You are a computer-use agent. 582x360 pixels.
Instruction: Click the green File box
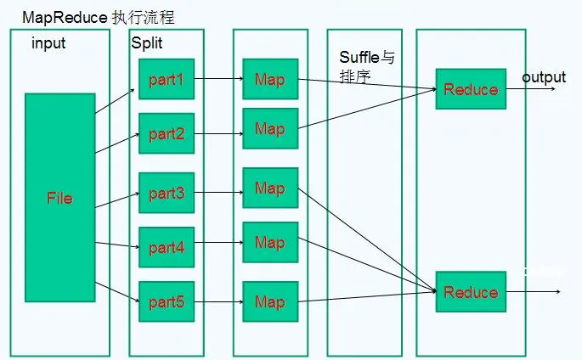click(x=59, y=198)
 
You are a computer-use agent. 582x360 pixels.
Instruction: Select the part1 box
click(x=167, y=81)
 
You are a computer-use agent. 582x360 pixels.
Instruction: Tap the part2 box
click(x=167, y=133)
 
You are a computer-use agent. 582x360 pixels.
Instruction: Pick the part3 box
click(x=167, y=193)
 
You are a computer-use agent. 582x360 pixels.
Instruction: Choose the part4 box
click(x=167, y=248)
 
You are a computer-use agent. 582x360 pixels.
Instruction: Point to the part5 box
click(x=167, y=301)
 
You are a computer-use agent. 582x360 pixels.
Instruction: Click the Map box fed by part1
click(x=269, y=80)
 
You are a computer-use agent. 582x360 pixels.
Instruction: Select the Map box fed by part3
click(x=269, y=188)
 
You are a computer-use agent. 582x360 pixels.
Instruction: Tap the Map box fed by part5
click(x=269, y=301)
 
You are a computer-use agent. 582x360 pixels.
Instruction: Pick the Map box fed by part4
click(x=269, y=243)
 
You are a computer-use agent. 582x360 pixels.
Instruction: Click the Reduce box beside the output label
click(x=471, y=89)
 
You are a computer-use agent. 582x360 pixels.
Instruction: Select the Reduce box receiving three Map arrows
click(x=471, y=292)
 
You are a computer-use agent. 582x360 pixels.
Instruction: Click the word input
click(x=48, y=42)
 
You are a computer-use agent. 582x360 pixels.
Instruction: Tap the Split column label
click(x=147, y=42)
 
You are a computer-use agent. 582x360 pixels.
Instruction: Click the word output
click(x=544, y=77)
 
